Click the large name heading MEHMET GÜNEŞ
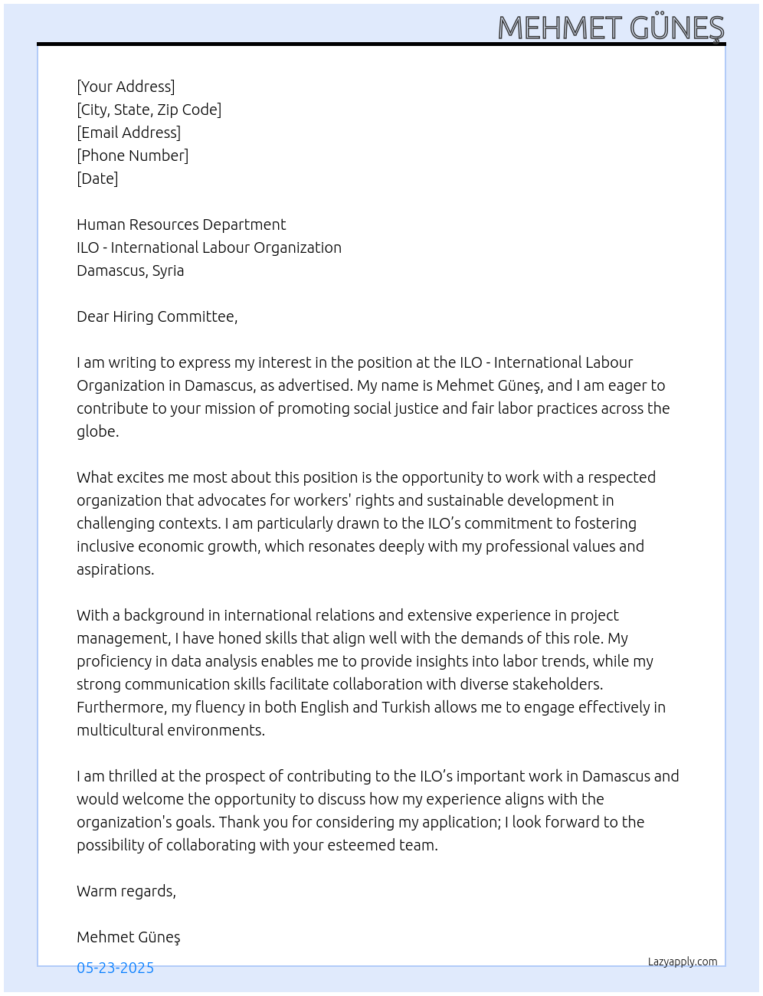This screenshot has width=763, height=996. click(611, 28)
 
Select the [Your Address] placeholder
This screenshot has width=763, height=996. click(126, 87)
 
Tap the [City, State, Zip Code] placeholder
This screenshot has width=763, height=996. click(149, 110)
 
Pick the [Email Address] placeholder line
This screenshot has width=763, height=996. click(129, 133)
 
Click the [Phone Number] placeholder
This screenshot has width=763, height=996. click(133, 156)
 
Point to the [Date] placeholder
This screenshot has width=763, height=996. click(97, 179)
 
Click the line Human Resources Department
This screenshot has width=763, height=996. click(181, 224)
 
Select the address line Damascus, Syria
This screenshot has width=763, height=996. click(130, 270)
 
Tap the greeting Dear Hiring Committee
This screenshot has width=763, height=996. click(157, 316)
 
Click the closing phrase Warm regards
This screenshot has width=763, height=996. click(126, 891)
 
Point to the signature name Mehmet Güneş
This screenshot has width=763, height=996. click(128, 937)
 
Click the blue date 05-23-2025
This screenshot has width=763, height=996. click(115, 968)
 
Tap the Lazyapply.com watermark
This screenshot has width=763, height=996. click(683, 962)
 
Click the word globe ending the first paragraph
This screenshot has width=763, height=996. click(97, 431)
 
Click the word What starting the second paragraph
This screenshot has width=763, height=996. click(94, 477)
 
